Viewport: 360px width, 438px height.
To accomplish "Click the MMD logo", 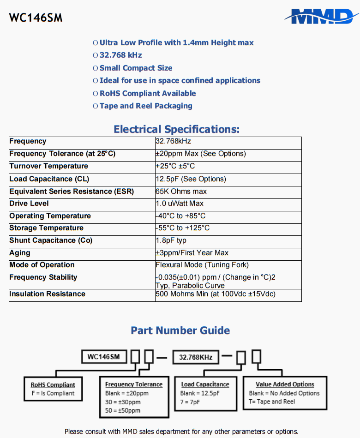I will click(321, 17).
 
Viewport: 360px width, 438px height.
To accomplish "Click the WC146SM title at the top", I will click(36, 18).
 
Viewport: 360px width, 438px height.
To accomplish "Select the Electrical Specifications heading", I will click(177, 129).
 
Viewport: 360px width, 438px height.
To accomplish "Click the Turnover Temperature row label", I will click(48, 166).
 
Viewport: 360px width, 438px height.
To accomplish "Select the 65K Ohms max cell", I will click(181, 191).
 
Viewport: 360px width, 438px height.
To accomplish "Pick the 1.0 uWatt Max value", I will click(180, 204).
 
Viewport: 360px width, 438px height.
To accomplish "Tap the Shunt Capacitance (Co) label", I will click(51, 240).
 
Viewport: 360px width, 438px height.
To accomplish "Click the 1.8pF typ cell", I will click(171, 240).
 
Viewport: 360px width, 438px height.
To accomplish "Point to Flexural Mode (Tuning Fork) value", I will click(202, 265).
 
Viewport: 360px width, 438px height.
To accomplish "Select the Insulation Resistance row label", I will click(47, 294).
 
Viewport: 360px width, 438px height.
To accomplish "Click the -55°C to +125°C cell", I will click(183, 228).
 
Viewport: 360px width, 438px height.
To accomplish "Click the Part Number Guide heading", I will click(180, 330).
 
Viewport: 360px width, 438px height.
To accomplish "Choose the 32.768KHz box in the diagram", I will click(196, 357).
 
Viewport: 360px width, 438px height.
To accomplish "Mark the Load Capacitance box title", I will click(205, 384).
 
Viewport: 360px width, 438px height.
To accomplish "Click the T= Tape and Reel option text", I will click(272, 402).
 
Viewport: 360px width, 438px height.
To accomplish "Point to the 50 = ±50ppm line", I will click(123, 410).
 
